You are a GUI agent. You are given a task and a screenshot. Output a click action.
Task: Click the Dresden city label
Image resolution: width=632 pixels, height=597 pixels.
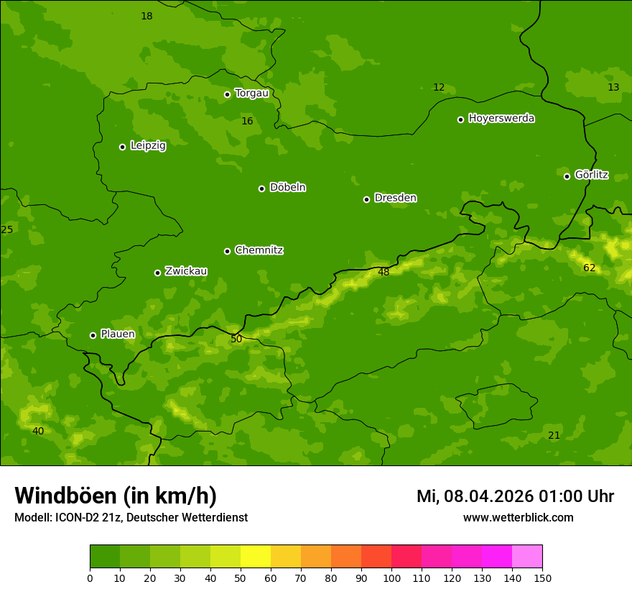click(395, 198)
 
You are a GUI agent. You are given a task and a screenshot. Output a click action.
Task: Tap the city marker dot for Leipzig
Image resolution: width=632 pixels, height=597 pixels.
click(122, 147)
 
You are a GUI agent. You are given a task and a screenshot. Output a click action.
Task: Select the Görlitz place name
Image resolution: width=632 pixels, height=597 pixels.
click(591, 175)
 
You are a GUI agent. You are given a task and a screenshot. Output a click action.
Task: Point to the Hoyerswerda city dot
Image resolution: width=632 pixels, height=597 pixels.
click(460, 119)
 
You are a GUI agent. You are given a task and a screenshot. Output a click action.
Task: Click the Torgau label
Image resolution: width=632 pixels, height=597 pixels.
click(251, 93)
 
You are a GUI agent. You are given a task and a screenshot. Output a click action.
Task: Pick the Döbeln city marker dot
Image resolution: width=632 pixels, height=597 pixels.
click(261, 188)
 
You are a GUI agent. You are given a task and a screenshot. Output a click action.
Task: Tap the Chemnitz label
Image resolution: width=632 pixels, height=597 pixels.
click(259, 250)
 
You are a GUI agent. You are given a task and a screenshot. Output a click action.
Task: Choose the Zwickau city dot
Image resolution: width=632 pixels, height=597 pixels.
click(157, 273)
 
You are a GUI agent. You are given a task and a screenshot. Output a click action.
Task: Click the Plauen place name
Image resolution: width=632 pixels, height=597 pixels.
click(117, 334)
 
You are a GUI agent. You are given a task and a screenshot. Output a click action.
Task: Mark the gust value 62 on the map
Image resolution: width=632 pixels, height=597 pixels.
click(589, 268)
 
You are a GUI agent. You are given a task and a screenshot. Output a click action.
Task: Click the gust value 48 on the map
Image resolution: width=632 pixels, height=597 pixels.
click(384, 272)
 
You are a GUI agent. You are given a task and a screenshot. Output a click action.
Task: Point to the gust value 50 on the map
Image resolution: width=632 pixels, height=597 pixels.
click(236, 339)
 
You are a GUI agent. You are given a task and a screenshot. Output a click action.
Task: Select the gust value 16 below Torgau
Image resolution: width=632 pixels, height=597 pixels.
click(247, 121)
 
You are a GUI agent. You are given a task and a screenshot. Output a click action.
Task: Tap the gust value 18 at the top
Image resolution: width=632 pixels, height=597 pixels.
click(147, 16)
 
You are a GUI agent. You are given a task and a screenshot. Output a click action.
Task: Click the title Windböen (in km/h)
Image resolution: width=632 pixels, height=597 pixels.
click(116, 496)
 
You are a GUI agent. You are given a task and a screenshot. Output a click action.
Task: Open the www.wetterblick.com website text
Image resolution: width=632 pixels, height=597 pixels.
click(518, 517)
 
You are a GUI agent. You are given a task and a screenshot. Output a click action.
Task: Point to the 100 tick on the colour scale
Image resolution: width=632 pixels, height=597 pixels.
click(391, 577)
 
